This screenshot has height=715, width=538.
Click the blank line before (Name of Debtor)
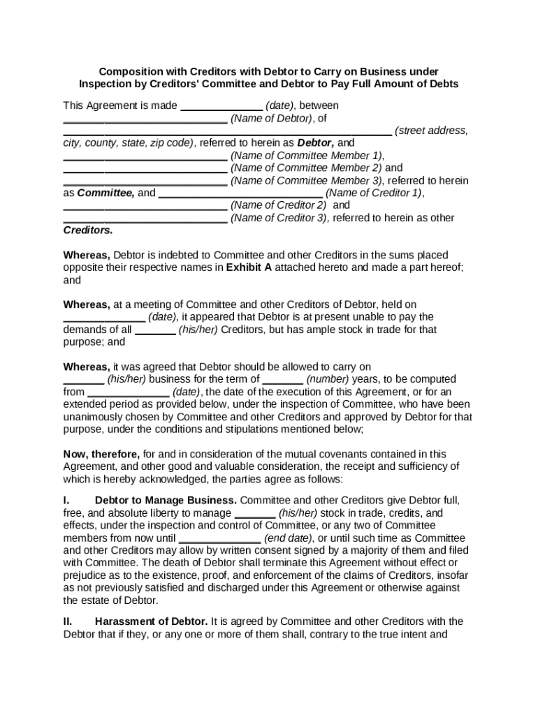(x=145, y=120)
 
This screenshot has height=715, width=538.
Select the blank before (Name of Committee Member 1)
(x=145, y=157)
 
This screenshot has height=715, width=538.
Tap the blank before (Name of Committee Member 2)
(x=145, y=170)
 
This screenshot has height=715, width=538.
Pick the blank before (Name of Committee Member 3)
(x=145, y=182)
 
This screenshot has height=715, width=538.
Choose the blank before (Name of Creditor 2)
(x=145, y=207)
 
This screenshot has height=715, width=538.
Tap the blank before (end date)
(x=221, y=540)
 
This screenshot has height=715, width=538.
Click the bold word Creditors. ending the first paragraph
(x=88, y=230)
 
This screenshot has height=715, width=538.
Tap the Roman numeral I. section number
(x=66, y=501)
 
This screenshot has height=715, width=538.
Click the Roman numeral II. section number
(x=68, y=621)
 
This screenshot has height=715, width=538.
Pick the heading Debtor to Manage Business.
(x=166, y=501)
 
